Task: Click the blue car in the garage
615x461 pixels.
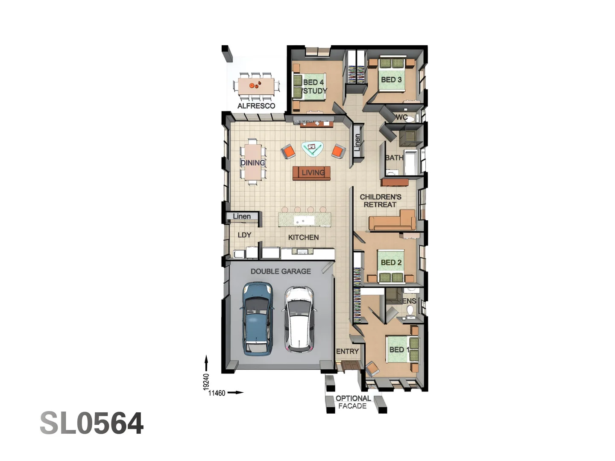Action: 258,318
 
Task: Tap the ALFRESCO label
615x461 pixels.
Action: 256,106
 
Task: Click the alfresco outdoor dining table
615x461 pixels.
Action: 256,85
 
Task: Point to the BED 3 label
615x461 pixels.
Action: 391,80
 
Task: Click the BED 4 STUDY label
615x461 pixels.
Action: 314,87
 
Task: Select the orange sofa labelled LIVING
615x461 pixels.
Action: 312,173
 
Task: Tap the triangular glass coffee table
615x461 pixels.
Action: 312,148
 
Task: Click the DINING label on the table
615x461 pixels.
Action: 252,163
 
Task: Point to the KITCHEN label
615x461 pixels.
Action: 303,237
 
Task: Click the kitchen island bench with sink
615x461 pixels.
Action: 305,220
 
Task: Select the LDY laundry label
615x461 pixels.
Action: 244,235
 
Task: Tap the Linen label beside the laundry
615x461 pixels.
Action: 242,216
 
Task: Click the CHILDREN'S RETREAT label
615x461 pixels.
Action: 381,201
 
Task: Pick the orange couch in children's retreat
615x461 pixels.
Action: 392,221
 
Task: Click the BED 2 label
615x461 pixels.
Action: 391,263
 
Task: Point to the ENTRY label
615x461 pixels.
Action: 347,351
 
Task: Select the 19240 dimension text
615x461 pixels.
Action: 206,382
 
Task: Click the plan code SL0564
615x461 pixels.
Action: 91,423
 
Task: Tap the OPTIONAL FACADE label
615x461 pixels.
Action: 353,402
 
